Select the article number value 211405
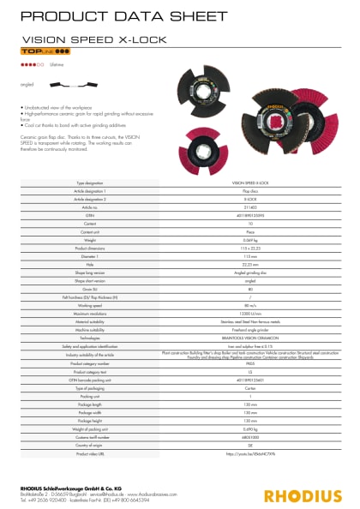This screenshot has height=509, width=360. tap(250, 208)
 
